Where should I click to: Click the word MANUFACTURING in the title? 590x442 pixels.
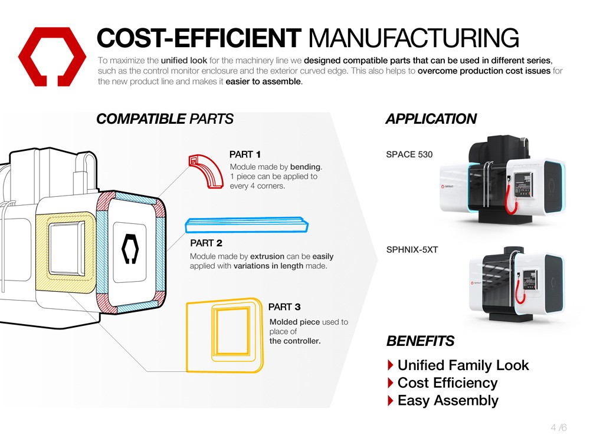point(413,39)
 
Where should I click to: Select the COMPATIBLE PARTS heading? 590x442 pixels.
point(165,119)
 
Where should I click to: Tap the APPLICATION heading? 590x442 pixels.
point(431,119)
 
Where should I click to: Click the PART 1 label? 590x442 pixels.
point(245,154)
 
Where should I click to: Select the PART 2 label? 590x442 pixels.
point(206,243)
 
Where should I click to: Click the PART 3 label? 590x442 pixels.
point(284,307)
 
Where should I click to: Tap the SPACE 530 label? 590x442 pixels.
point(409,154)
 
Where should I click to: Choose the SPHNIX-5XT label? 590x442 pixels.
point(412,249)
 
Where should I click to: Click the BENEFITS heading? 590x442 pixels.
point(420,341)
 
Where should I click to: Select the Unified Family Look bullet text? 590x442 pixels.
point(463,365)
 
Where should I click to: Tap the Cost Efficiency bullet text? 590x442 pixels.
point(447,383)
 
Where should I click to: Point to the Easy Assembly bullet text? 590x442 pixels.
point(448,401)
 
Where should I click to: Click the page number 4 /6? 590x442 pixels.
point(558,427)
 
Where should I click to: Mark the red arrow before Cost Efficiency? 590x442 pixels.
point(390,383)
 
